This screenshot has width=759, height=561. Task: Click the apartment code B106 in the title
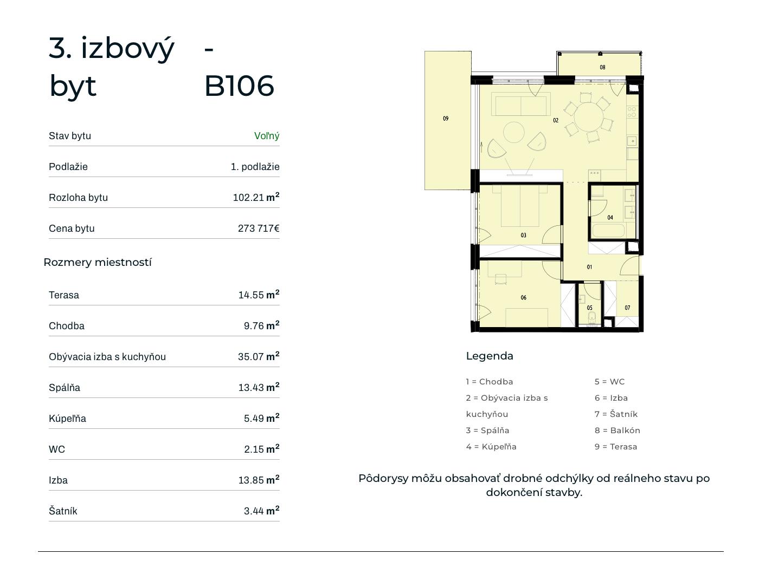[239, 86]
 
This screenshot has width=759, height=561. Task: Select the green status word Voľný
[266, 136]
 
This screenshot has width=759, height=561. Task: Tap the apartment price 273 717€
[259, 228]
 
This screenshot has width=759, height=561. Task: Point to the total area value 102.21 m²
[256, 197]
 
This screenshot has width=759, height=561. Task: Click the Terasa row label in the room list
[63, 295]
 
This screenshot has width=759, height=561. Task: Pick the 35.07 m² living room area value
[259, 356]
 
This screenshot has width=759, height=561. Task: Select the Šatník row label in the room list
[63, 511]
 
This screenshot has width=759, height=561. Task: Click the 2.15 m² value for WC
[261, 449]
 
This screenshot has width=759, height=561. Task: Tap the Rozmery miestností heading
[98, 262]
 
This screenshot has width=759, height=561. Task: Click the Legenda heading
[490, 356]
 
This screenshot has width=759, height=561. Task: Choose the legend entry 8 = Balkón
[617, 430]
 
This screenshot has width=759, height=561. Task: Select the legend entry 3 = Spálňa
[487, 430]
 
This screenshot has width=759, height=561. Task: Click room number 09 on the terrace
[446, 118]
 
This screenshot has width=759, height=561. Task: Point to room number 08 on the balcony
[602, 67]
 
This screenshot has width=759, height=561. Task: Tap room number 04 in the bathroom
[610, 217]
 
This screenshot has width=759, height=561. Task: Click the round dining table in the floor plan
[588, 117]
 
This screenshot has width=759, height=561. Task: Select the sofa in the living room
[520, 106]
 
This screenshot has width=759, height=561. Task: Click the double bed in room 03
[520, 206]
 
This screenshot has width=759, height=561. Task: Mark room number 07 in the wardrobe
[627, 308]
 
